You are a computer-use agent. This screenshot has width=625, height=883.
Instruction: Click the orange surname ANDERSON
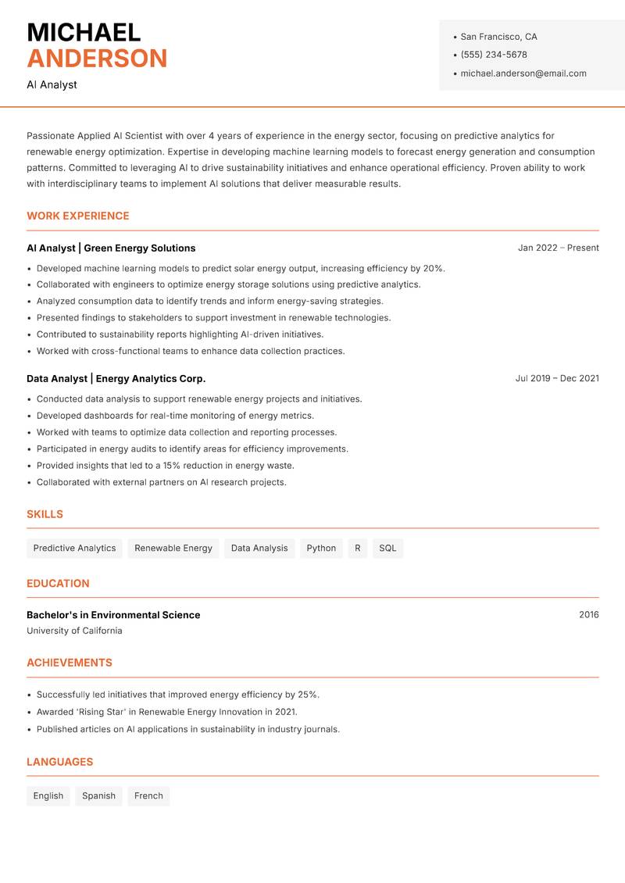[x=97, y=59]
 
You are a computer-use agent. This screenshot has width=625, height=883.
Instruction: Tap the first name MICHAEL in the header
[x=84, y=32]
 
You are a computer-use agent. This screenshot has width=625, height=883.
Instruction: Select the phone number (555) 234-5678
[x=494, y=55]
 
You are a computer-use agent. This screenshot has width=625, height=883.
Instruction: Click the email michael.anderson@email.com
[x=523, y=73]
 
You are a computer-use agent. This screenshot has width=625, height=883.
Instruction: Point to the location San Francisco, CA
[x=498, y=37]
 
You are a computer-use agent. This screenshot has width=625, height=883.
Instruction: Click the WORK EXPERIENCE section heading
[x=78, y=216]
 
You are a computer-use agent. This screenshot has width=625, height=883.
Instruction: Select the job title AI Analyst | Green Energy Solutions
[x=111, y=248]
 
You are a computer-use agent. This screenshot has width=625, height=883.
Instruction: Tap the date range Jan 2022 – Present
[x=558, y=248]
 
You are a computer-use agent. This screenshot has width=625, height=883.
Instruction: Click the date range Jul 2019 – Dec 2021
[x=557, y=378]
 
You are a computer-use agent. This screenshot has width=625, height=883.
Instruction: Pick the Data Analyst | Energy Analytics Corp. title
[x=116, y=378]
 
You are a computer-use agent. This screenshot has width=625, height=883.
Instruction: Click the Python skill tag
[x=321, y=548]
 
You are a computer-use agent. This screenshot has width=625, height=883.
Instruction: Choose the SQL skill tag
[x=387, y=548]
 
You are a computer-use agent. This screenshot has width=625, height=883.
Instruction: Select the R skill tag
[x=358, y=548]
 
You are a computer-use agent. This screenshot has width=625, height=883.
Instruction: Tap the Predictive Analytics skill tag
[x=74, y=548]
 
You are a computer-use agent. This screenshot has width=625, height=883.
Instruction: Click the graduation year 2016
[x=588, y=615]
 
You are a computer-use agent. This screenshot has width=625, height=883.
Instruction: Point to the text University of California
[x=74, y=631]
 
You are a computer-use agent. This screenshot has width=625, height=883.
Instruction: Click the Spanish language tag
[x=98, y=795]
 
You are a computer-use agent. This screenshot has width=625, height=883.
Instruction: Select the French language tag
[x=148, y=795]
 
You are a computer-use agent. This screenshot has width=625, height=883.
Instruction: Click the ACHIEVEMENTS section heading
[x=70, y=663]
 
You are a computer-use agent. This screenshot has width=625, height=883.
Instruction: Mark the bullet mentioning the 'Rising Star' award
[x=166, y=712]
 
